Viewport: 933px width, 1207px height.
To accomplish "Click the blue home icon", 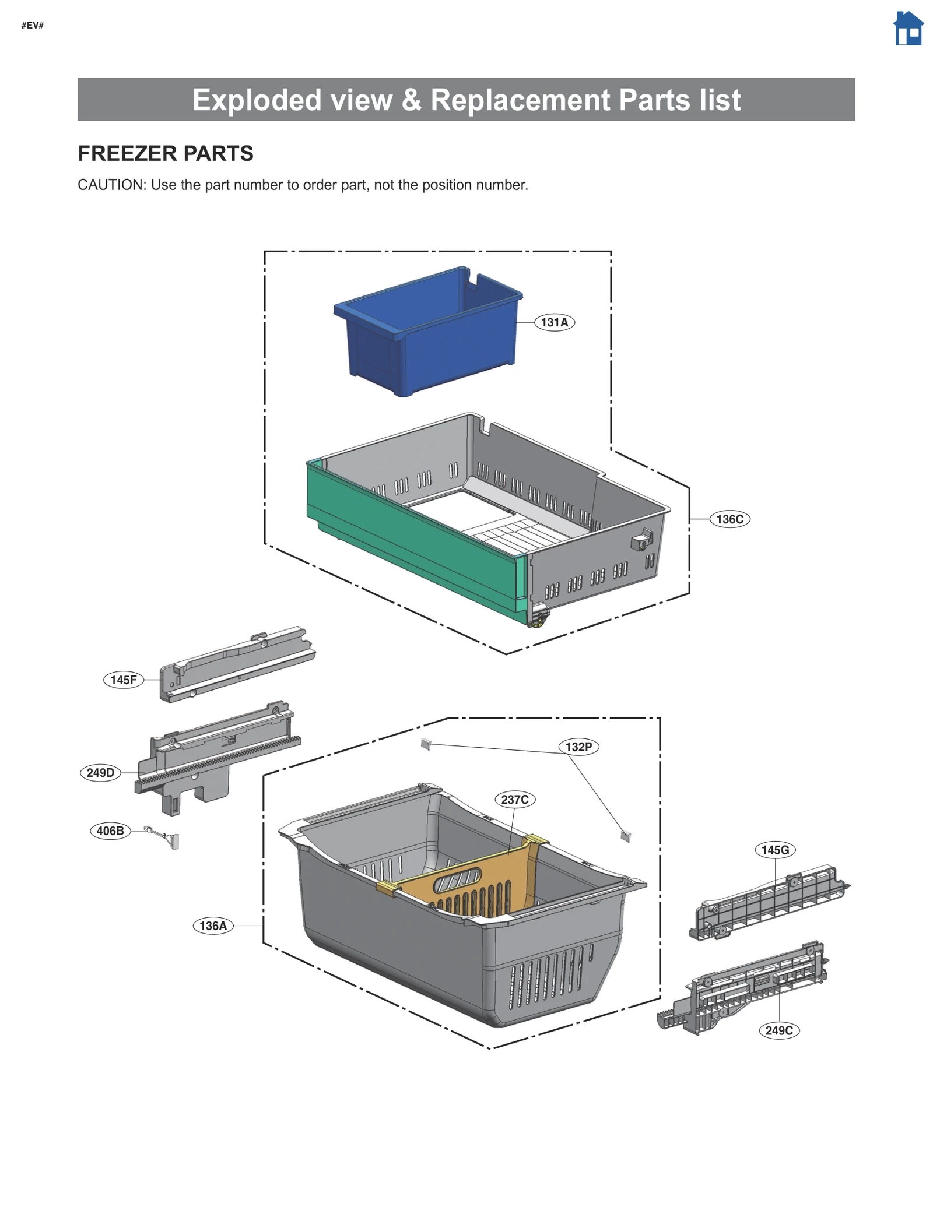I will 908,29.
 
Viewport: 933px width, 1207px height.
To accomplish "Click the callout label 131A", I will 554,322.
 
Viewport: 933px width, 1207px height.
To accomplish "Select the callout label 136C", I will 729,519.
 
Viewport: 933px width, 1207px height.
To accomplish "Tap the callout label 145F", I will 124,680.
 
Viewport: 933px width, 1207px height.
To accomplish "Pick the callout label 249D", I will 100,773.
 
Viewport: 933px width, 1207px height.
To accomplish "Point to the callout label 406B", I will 110,831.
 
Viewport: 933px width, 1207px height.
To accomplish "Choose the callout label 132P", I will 578,747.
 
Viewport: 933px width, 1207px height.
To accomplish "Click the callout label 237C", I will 515,800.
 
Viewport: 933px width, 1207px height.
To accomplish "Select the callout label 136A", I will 213,926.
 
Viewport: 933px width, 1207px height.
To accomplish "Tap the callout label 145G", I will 775,850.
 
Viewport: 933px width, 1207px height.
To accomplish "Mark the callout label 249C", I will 779,1030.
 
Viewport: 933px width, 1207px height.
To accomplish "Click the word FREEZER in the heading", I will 118,153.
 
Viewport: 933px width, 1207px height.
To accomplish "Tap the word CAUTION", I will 110,185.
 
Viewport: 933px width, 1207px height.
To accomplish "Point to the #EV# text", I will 33,25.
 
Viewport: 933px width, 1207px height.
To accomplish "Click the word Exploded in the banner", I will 257,100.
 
